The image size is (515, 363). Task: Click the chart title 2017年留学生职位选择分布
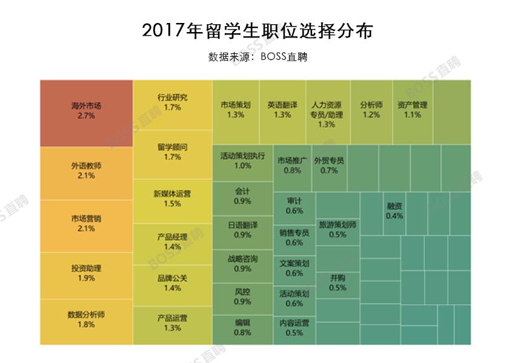257,31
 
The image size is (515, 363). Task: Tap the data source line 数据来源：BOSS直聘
257,57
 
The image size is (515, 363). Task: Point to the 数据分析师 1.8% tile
86,321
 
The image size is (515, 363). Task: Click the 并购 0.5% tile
337,283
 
